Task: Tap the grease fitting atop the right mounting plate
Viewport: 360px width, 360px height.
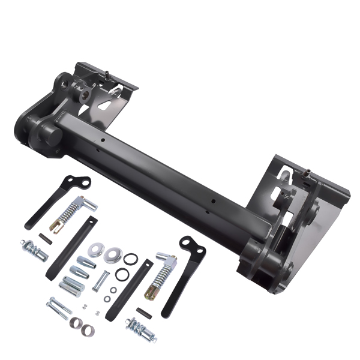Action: tap(305, 172)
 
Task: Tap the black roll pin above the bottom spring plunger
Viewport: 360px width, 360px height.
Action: tap(143, 312)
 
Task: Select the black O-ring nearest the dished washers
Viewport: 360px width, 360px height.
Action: tap(131, 259)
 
